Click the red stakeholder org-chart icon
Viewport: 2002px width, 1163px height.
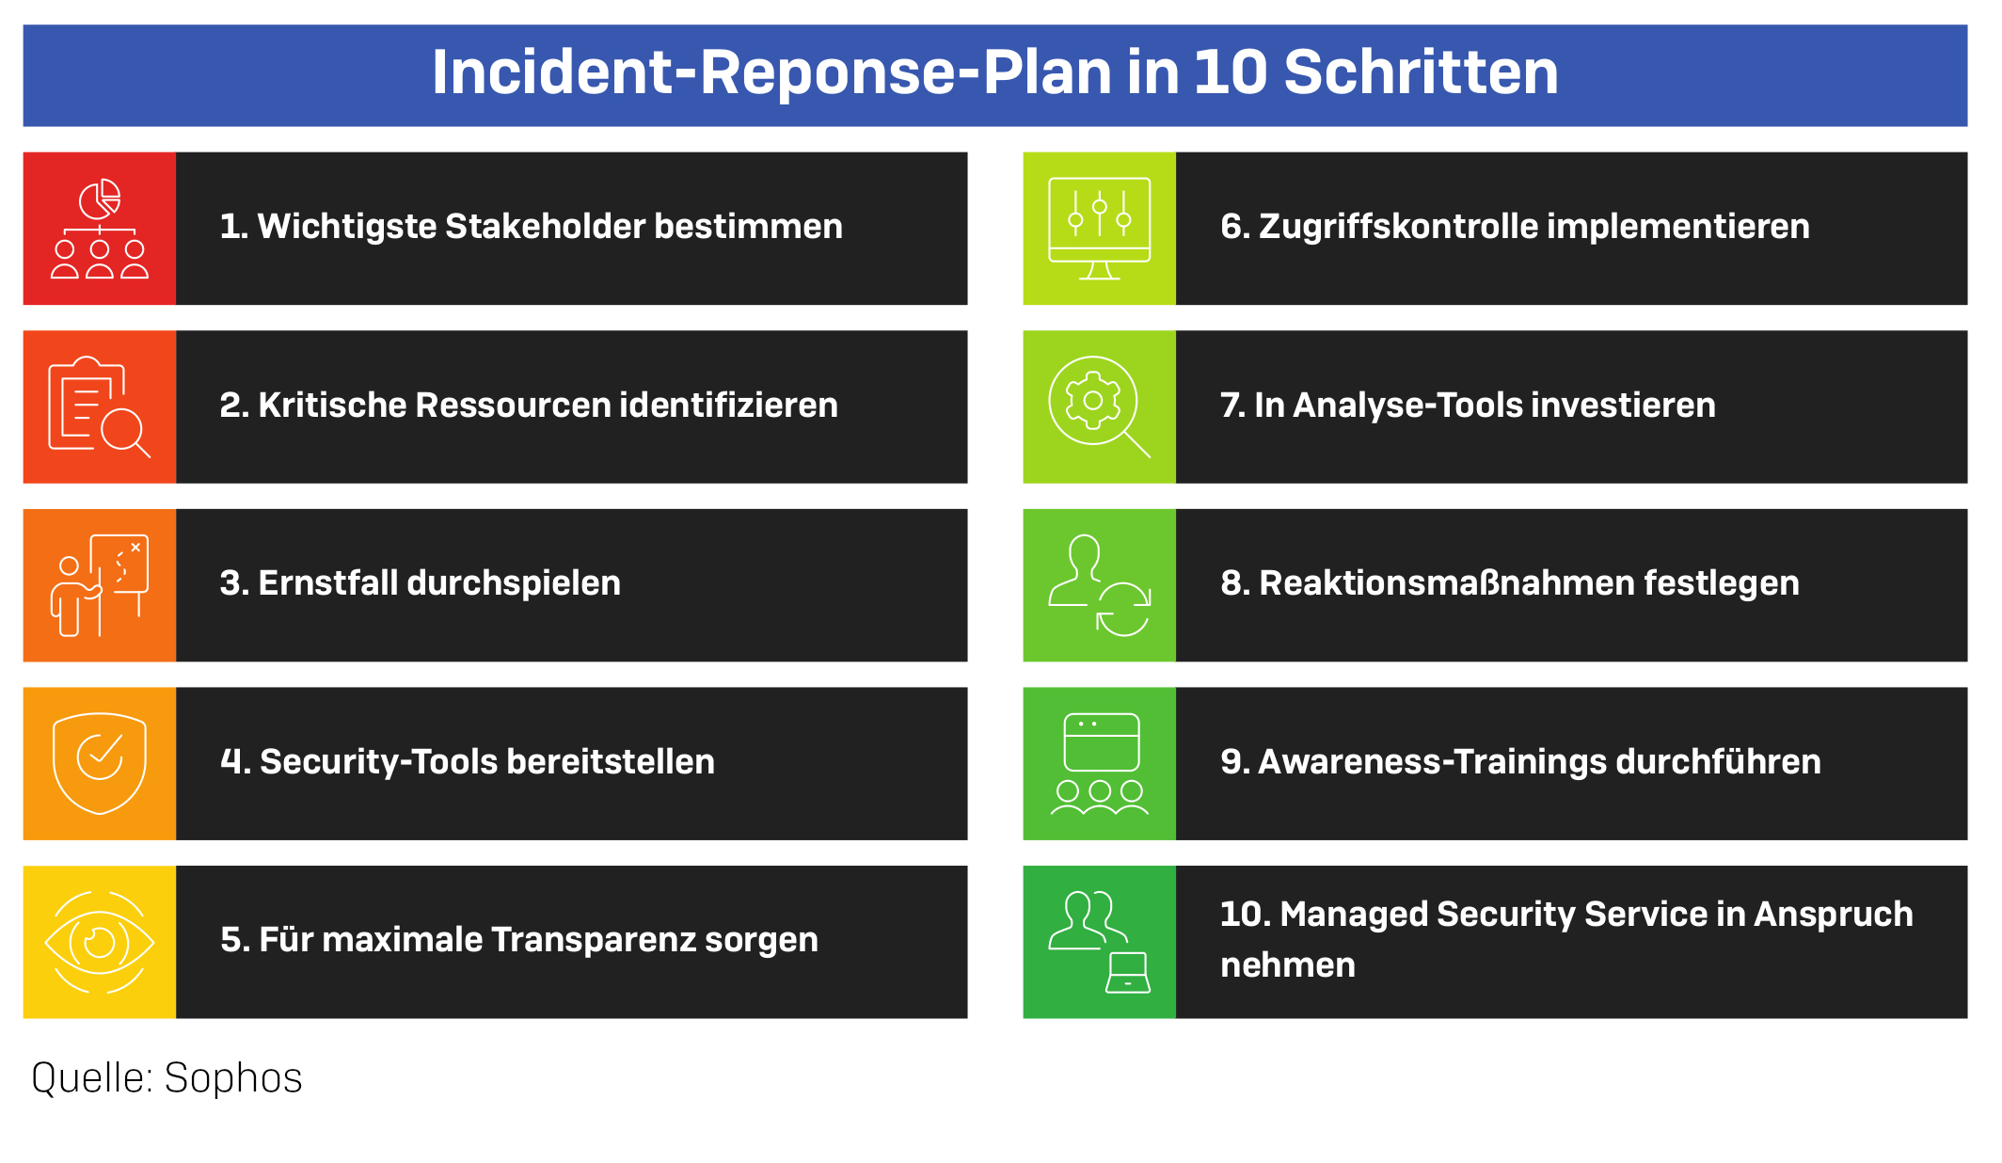(100, 229)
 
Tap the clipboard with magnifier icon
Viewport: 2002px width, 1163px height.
(100, 406)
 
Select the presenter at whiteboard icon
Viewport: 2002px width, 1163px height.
(100, 585)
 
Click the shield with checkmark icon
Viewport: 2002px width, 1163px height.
(100, 763)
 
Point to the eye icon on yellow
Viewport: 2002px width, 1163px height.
(100, 942)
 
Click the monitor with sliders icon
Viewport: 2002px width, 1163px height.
(1100, 229)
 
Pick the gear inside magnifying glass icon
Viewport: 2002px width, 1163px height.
(1100, 406)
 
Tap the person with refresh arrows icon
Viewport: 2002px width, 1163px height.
(1100, 585)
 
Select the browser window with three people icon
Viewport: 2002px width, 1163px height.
(1100, 763)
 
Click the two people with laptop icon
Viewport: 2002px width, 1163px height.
(1100, 942)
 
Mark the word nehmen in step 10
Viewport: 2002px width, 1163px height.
(1288, 965)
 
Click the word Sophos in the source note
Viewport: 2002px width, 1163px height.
(233, 1078)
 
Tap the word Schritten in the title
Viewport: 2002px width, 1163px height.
(1421, 72)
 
